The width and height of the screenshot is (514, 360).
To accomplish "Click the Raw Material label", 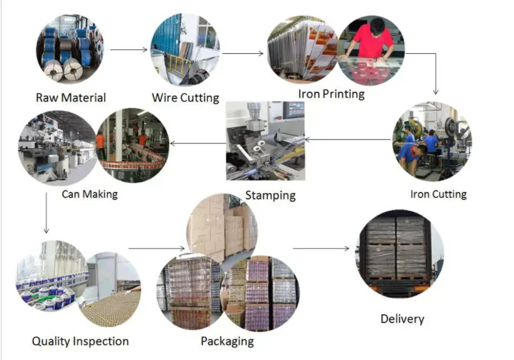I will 71,98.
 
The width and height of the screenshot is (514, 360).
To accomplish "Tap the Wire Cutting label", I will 186,98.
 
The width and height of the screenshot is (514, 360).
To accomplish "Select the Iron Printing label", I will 331,94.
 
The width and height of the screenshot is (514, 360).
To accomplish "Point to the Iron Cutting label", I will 438,194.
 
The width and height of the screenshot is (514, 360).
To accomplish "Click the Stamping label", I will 270,195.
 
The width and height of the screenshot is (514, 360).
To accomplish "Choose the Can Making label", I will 90,194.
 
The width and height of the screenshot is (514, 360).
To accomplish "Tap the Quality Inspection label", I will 80,341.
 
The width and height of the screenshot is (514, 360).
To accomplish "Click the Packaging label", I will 227,341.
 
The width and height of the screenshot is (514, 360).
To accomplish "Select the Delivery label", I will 402,319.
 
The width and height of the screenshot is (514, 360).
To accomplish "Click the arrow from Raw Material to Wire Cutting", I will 128,49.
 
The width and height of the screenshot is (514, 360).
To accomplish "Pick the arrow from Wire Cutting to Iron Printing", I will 243,53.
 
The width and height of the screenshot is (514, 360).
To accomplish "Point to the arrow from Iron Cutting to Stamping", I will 351,139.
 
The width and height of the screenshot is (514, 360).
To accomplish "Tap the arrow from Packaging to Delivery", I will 321,248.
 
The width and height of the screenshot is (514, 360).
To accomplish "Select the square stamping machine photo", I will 265,140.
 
